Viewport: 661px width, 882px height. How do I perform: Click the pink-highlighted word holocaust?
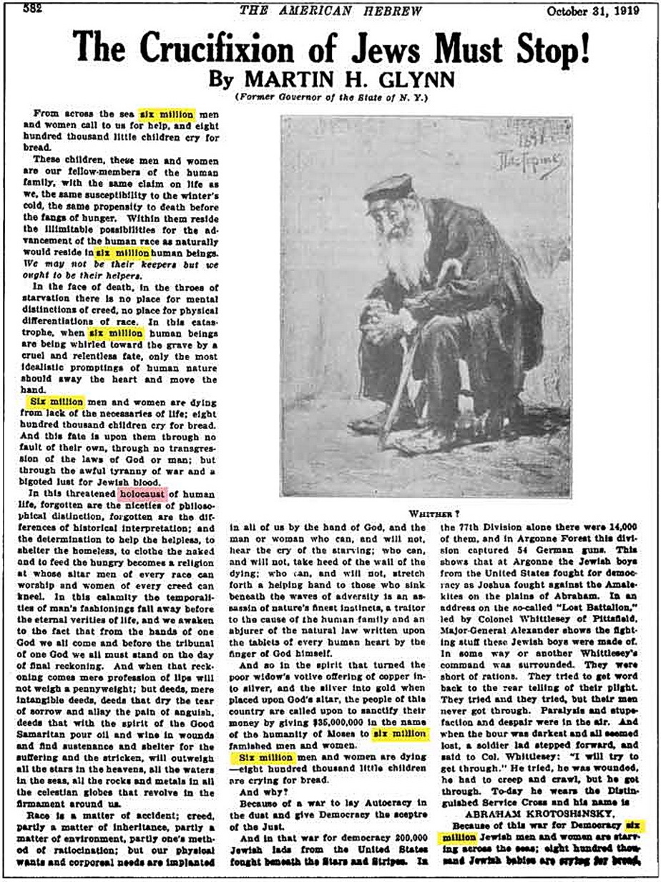pos(142,493)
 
